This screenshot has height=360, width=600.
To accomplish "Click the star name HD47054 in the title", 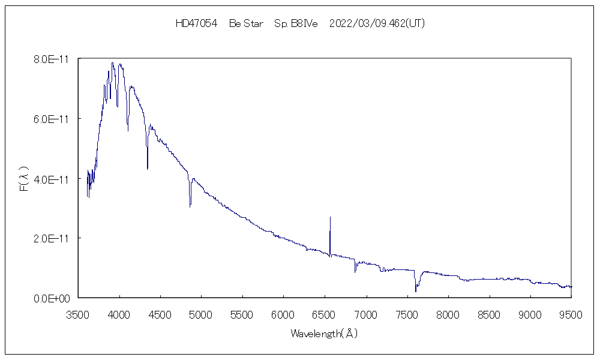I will pos(196,23).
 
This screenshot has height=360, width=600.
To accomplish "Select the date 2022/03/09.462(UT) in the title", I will pos(377,23).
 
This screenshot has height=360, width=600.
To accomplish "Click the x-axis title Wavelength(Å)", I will pos(324,333).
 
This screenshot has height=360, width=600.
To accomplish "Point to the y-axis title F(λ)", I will pos(25,179).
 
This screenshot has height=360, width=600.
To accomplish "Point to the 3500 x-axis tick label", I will pos(79,313).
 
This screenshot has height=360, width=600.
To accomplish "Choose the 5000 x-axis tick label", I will pos(202,313).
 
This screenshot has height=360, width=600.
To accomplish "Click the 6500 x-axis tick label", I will pos(325,313).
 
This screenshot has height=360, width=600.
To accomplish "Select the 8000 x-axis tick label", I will pos(448,313).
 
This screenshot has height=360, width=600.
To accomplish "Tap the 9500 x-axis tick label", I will pos(571,313).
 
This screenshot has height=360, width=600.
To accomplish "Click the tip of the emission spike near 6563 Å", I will pos(330,217).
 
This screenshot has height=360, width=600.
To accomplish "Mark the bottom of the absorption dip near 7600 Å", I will pos(415,292).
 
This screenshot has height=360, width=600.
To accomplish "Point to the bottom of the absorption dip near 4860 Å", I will pos(190,206).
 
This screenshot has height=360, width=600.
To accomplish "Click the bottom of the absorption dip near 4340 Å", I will pos(148,169).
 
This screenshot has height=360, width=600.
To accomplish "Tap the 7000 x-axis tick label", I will pos(366,313).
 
